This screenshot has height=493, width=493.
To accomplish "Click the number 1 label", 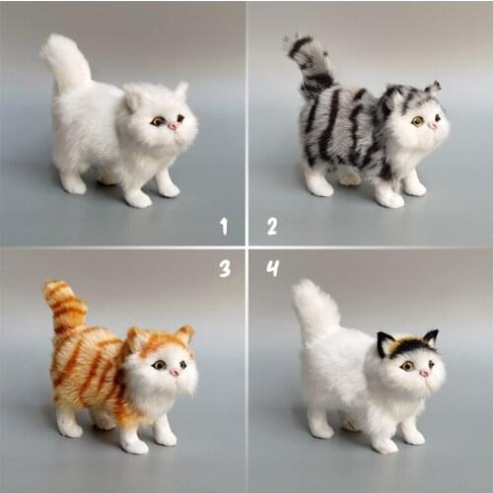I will point(224,227).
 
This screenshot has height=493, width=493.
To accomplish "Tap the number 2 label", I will point(271,226).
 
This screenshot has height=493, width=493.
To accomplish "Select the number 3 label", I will point(225,267).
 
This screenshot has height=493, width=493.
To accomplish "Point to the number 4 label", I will point(272,267).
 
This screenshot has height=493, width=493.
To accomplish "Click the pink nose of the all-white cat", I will point(173,125).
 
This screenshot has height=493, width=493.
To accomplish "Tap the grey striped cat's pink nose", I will point(432,125).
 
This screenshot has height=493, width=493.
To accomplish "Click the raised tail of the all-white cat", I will point(66,63).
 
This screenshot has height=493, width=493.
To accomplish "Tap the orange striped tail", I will point(66,307).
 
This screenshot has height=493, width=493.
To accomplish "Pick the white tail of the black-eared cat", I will point(317,311).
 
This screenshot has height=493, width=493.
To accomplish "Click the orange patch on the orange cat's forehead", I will point(159,344).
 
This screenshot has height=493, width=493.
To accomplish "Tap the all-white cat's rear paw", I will point(73,183).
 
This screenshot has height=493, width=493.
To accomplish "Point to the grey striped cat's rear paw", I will point(318,184).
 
